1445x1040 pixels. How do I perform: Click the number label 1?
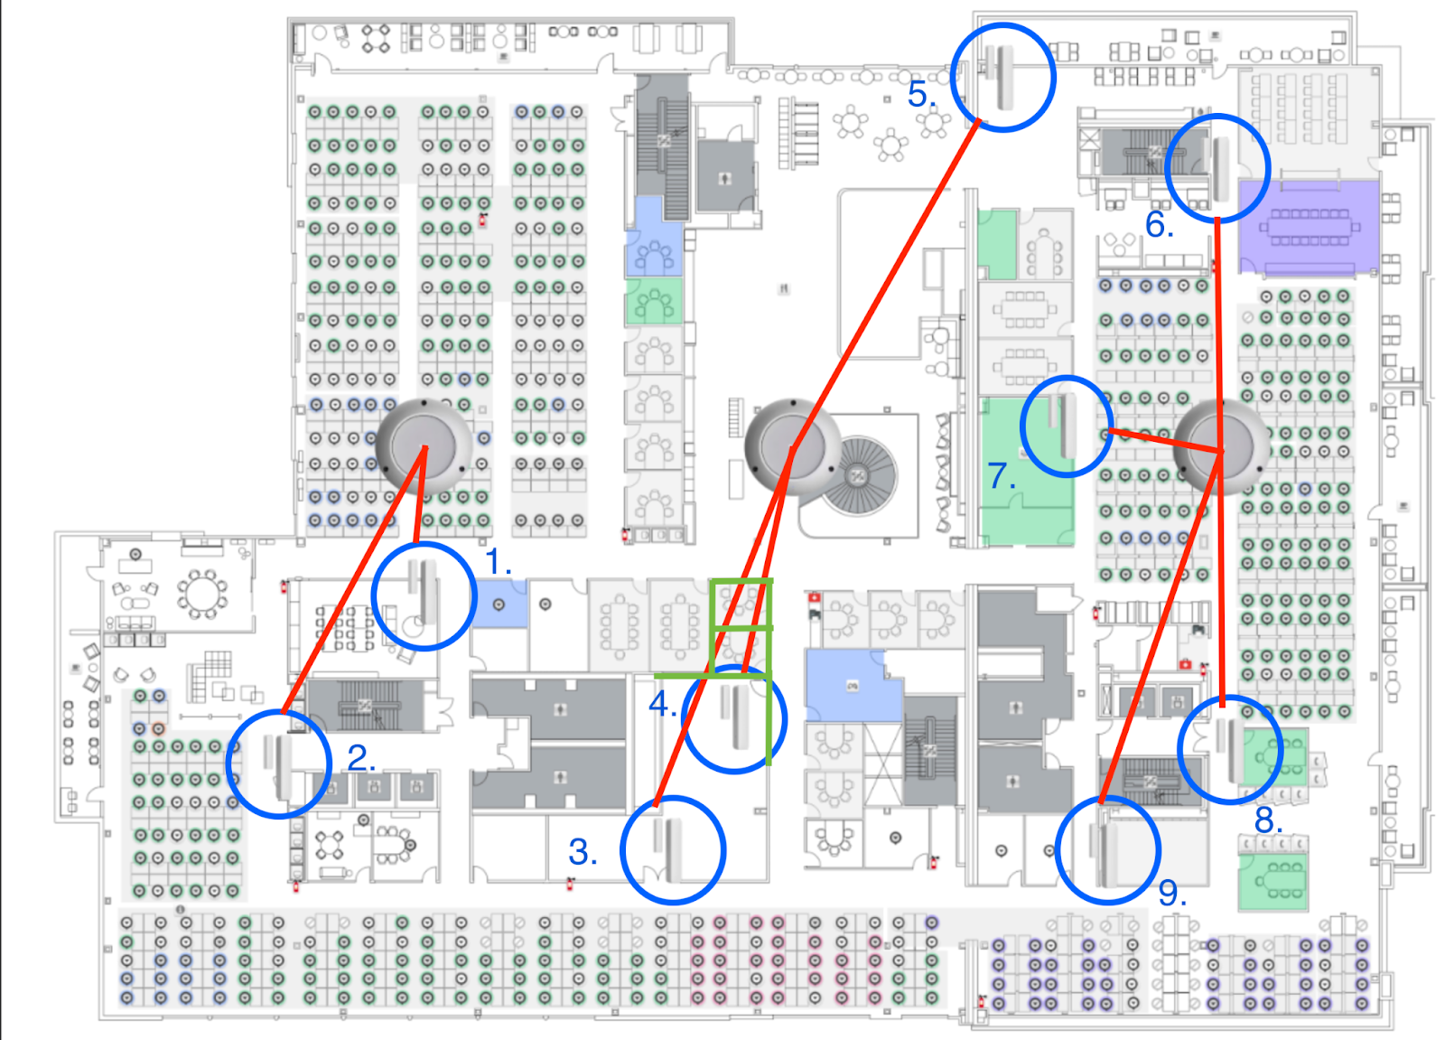coord(499,562)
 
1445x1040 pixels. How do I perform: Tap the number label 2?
coord(361,758)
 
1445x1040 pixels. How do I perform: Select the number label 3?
coord(583,852)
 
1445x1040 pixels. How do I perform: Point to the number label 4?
coord(662,703)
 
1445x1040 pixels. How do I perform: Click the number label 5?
coord(921,95)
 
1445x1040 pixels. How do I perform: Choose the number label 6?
coord(1160,225)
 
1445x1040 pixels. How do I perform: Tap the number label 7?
coord(1001,475)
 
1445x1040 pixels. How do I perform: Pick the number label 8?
coord(1268,820)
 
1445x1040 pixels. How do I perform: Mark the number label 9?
coord(1172,893)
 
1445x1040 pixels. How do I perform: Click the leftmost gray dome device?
coord(424,445)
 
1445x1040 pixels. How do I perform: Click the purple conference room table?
coord(1309,228)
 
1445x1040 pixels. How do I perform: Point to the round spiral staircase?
coord(860,474)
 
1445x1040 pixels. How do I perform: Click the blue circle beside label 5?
coord(1002,77)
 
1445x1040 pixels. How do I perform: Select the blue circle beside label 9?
coord(1107,849)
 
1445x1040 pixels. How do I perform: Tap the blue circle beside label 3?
coord(673,849)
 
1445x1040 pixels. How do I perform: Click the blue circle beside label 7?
coord(1067,426)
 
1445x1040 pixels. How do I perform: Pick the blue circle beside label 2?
coord(278,764)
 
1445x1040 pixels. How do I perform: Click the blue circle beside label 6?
coord(1217,168)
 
